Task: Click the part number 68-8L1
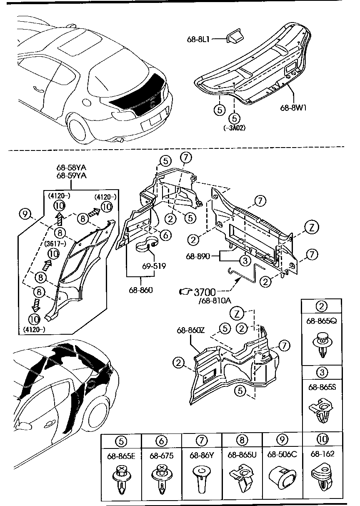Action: point(198,40)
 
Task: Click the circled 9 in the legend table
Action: point(282,439)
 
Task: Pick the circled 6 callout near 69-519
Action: point(165,235)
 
